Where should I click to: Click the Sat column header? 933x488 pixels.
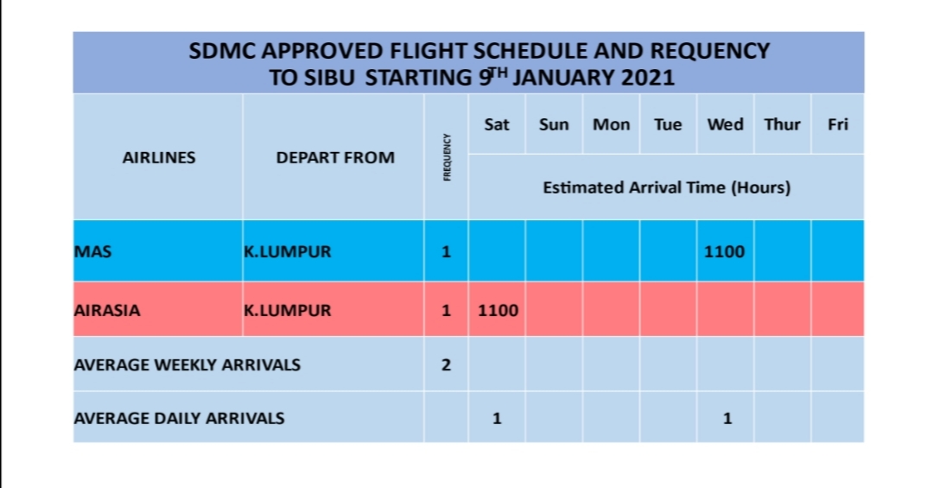tap(497, 124)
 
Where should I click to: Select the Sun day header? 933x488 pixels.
tap(554, 124)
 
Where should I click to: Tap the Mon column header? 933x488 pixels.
tap(611, 124)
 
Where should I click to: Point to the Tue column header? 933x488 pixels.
tap(668, 124)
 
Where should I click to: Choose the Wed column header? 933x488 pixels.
tap(726, 124)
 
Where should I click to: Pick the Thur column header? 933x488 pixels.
tap(783, 124)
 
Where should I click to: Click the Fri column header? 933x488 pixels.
tap(838, 124)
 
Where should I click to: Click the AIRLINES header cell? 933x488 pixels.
tap(159, 158)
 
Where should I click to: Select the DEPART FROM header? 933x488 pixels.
tap(335, 158)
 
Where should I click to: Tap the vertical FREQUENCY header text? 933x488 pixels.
tap(447, 157)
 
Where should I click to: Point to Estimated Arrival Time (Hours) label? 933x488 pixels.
tap(666, 187)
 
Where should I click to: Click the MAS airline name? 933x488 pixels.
tap(92, 251)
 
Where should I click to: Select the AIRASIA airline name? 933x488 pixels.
tap(107, 311)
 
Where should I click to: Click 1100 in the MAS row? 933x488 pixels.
tap(724, 251)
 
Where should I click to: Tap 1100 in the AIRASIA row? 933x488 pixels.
tap(498, 311)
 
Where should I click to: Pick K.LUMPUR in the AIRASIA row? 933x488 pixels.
tap(288, 311)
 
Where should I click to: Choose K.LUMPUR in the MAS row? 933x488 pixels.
tap(288, 251)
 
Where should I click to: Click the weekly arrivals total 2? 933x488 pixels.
tap(447, 364)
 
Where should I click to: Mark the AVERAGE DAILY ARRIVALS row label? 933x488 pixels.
tap(179, 418)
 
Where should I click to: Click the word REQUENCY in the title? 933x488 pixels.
tap(710, 51)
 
